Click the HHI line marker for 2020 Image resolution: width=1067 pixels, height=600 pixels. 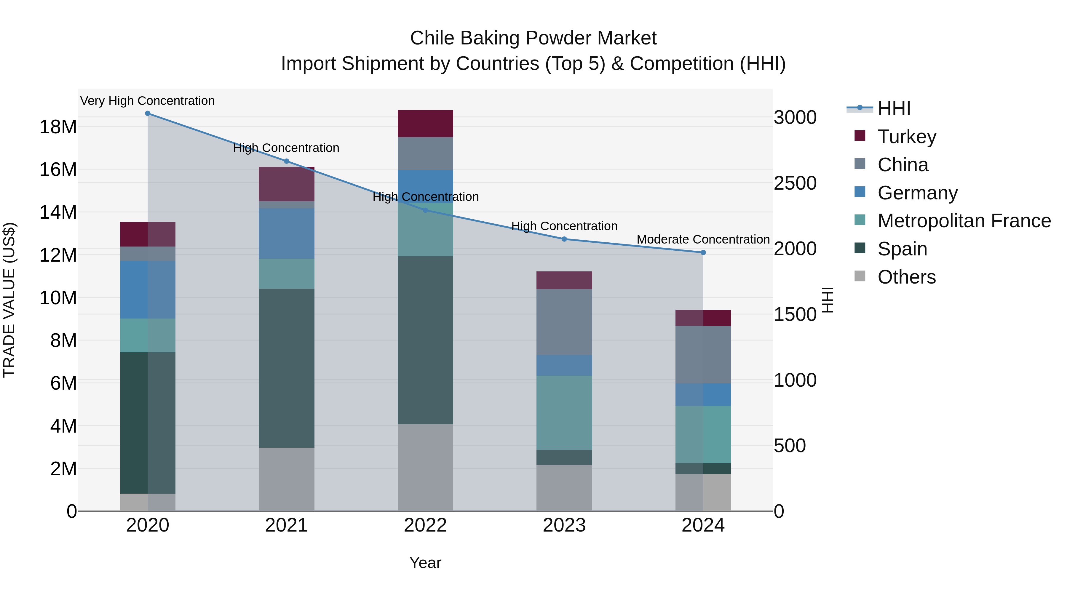148,113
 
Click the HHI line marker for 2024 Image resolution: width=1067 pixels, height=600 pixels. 703,252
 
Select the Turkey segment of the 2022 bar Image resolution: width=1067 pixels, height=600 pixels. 425,123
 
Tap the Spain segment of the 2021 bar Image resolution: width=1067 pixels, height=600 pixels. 286,368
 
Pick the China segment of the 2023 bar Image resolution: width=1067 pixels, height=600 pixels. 564,322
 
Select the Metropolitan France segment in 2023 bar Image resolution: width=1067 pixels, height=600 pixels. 564,412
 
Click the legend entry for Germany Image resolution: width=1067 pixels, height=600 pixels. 917,193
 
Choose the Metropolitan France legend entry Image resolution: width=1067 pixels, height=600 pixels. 964,221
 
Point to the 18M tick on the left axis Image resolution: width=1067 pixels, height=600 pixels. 58,127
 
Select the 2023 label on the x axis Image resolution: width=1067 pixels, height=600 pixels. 564,525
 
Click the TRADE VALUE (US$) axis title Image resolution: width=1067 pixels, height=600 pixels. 9,300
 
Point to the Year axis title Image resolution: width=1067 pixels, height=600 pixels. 425,563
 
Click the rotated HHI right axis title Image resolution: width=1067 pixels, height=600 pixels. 827,300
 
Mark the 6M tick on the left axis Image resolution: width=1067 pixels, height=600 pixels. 63,383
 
